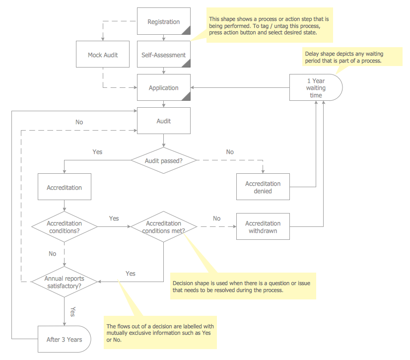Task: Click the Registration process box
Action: [163, 21]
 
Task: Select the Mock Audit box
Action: [103, 55]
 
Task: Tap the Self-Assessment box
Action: [163, 55]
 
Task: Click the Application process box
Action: [163, 88]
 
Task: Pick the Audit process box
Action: [163, 121]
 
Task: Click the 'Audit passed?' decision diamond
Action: [163, 160]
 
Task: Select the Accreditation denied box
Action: [263, 187]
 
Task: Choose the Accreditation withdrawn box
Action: [263, 226]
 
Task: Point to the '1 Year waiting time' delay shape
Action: [316, 88]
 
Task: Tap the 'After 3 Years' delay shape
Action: [64, 340]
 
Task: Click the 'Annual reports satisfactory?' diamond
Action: [64, 282]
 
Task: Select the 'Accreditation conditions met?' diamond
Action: [163, 226]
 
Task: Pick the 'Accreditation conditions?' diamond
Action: [64, 226]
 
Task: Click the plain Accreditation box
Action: [64, 187]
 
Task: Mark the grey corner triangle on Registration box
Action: [187, 31]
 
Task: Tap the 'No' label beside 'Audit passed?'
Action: [230, 151]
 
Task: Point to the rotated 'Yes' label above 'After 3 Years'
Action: [73, 311]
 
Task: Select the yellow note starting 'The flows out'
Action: [159, 333]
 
